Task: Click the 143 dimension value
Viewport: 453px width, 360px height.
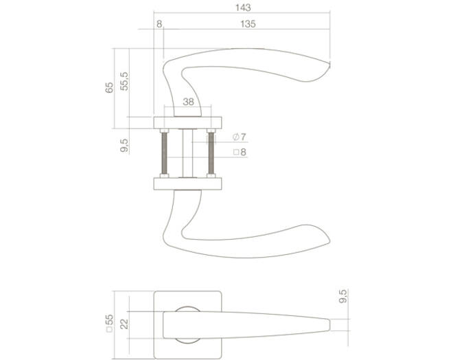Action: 243,8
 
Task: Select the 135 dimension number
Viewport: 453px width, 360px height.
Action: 248,24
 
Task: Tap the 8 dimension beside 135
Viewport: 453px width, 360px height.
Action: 159,24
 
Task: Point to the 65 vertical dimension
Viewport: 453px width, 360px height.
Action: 109,87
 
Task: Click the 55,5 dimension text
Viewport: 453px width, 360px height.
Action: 124,81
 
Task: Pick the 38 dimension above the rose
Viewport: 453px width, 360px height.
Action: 188,102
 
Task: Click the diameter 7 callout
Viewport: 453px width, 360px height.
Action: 240,137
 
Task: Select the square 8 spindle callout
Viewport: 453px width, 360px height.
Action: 240,152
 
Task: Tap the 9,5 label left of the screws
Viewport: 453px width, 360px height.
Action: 124,146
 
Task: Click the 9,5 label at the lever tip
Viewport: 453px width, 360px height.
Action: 342,296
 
